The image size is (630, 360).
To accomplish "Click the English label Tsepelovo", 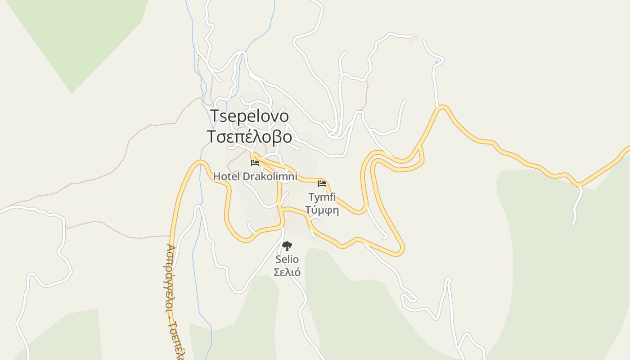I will pyautogui.click(x=250, y=116).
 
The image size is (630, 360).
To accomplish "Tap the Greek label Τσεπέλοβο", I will pyautogui.click(x=249, y=136).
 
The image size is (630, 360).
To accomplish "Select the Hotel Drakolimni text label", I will pyautogui.click(x=255, y=176).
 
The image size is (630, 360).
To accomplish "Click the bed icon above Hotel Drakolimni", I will pyautogui.click(x=255, y=162).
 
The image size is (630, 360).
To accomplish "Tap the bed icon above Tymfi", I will pyautogui.click(x=322, y=184).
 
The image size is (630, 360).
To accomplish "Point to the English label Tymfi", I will pyautogui.click(x=322, y=197).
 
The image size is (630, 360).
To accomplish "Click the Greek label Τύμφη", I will pyautogui.click(x=322, y=210).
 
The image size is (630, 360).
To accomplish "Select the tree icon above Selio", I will pyautogui.click(x=287, y=246).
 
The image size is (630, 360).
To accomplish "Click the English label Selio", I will pyautogui.click(x=287, y=260).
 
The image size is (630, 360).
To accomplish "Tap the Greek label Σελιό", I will pyautogui.click(x=287, y=272).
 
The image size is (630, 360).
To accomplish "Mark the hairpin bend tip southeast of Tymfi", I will pyautogui.click(x=400, y=250).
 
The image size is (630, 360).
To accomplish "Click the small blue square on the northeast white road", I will pyautogui.click(x=436, y=62).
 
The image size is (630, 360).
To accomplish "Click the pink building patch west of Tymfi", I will pyautogui.click(x=288, y=220).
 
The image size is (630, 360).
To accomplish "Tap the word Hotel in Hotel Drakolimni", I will pyautogui.click(x=227, y=176).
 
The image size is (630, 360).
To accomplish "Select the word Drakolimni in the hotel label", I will pyautogui.click(x=270, y=176).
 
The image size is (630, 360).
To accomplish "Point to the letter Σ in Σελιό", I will pyautogui.click(x=277, y=272).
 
